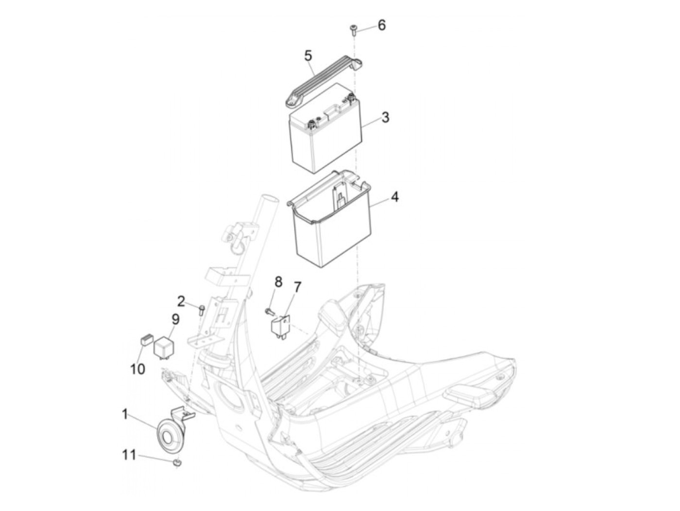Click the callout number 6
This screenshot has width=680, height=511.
coord(382,25)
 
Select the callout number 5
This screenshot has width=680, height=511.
coord(308,56)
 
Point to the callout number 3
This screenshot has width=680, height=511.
coord(385,118)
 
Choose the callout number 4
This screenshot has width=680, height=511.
coord(394,197)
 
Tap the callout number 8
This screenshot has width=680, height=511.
coord(278,281)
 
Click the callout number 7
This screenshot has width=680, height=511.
coord(297,288)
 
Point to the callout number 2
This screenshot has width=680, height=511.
coord(181,302)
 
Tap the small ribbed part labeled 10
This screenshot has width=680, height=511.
coord(146,340)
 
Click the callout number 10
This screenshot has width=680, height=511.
coord(137,369)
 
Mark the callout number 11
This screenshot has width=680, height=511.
coord(129,455)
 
